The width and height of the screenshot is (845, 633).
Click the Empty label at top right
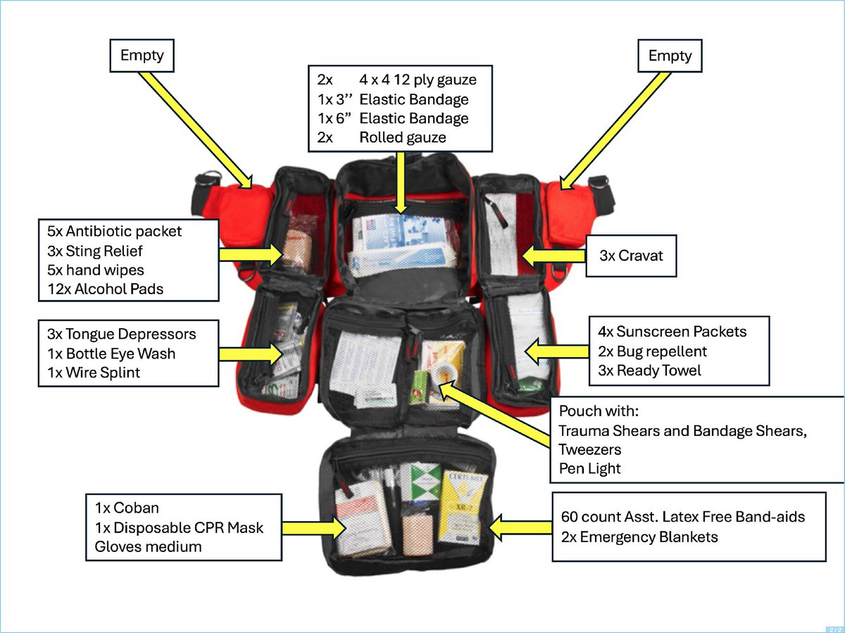pos(670,56)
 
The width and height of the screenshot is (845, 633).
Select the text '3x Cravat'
pos(631,256)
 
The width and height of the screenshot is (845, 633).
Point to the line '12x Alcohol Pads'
pos(106,288)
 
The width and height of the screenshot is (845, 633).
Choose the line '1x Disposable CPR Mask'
pos(179,527)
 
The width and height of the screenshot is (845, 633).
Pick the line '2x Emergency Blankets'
pos(639,537)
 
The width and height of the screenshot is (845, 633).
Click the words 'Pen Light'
pos(590,468)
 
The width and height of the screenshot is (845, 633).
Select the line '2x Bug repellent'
pos(652,351)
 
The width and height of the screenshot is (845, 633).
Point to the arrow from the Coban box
pos(317,527)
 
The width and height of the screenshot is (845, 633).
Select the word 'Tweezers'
pos(590,449)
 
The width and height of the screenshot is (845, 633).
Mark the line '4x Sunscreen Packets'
pos(672,331)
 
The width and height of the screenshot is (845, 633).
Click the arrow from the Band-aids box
pos(521,526)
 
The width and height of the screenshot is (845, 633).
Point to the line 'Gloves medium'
pos(148,546)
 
